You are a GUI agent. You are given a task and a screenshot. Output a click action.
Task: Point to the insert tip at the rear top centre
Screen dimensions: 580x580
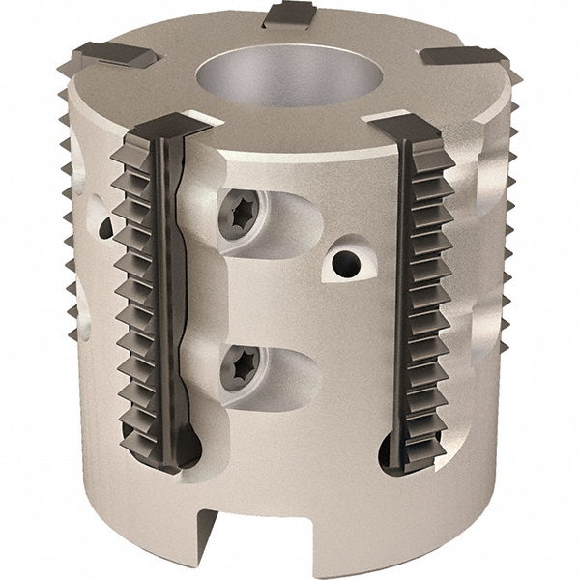[289, 14]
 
